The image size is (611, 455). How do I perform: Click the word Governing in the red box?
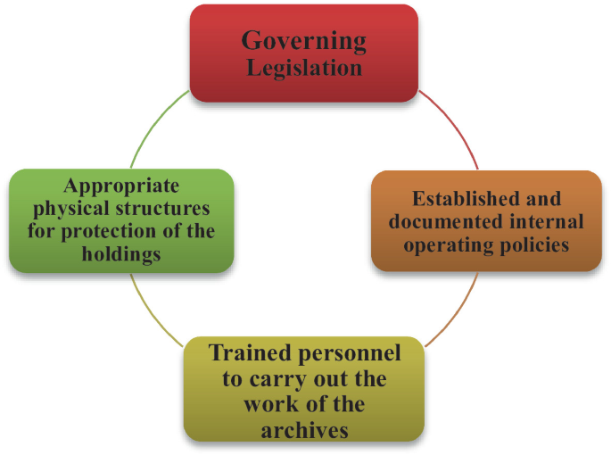pyautogui.click(x=304, y=40)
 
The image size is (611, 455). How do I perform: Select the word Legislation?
pyautogui.click(x=304, y=67)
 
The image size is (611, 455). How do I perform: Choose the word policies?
pyautogui.click(x=535, y=244)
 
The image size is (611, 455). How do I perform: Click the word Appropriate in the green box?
pyautogui.click(x=121, y=186)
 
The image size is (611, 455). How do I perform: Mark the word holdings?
pyautogui.click(x=121, y=254)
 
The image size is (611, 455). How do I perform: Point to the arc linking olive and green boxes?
pyautogui.click(x=153, y=312)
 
